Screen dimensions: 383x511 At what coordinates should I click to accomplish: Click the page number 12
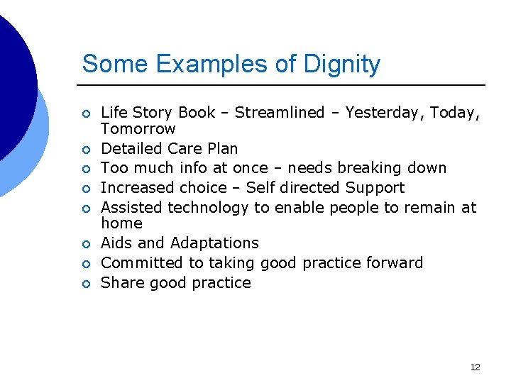click(x=475, y=367)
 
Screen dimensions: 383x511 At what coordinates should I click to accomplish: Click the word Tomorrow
click(x=138, y=129)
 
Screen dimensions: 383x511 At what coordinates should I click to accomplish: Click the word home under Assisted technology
click(x=121, y=223)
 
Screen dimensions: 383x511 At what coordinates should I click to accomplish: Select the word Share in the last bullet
click(x=121, y=283)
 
